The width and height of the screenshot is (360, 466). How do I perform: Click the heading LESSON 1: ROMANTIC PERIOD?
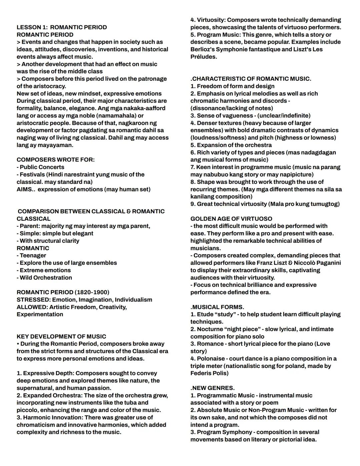coord(62,27)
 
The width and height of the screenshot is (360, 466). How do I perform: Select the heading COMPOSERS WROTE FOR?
coord(56,160)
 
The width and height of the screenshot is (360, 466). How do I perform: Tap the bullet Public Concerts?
coord(42,167)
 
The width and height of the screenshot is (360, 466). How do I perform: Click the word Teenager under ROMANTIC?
coord(33,256)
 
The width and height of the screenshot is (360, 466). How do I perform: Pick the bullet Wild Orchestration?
coord(46,278)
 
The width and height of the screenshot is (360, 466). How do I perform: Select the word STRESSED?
coord(33,300)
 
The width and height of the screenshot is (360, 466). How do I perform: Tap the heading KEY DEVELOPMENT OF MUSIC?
coord(61,337)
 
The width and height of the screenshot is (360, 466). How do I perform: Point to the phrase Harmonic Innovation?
coord(51,418)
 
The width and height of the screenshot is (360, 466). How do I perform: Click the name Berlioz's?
coord(203,49)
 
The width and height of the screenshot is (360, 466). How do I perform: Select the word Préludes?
coord(203,57)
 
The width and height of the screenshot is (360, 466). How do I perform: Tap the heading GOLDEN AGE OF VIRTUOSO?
coord(231,219)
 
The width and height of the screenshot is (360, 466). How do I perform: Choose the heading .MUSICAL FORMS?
coord(217,307)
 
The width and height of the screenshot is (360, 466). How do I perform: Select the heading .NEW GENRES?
coord(212,388)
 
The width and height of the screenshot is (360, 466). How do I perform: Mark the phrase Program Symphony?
coord(224,432)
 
